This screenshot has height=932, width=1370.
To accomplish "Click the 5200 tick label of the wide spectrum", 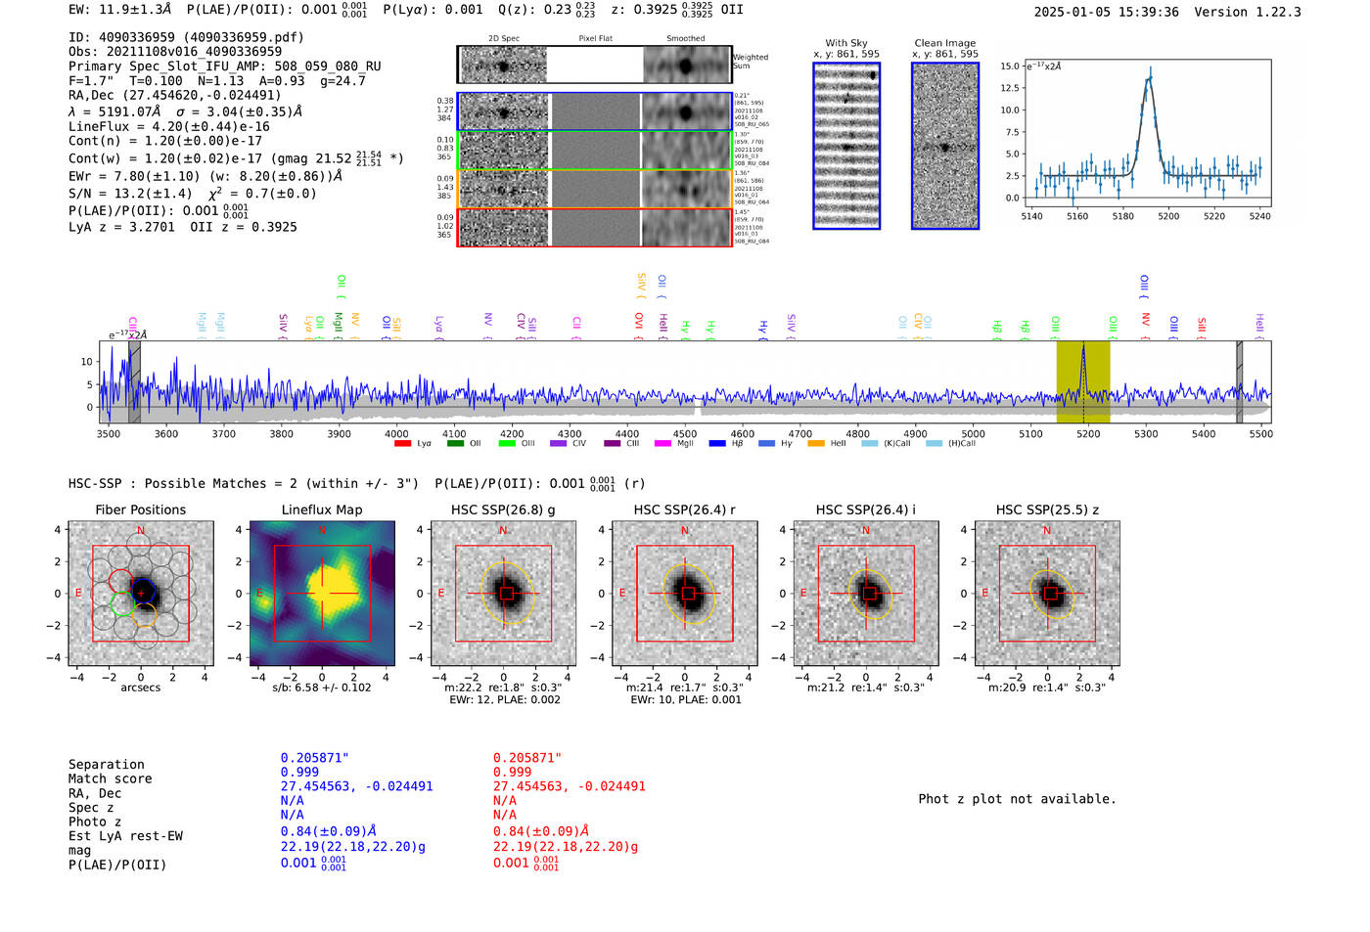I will (x=1088, y=433).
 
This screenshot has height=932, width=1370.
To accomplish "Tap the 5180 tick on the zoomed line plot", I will (x=1122, y=216).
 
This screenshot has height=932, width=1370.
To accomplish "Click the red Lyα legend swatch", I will (x=402, y=444).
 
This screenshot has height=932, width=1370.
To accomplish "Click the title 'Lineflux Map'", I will (x=321, y=510).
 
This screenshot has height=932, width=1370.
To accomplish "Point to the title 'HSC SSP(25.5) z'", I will (x=1047, y=510).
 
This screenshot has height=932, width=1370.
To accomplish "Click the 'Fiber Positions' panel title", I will (x=140, y=510).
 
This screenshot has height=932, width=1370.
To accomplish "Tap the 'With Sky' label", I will (x=846, y=43).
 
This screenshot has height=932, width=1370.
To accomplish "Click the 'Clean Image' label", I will (x=944, y=43).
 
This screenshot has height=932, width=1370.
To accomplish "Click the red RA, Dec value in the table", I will (x=569, y=786).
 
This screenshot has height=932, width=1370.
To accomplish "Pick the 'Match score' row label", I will (x=110, y=779).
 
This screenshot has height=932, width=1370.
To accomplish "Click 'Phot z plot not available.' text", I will (x=1017, y=799).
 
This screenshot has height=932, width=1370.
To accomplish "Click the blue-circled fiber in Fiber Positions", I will (x=143, y=592).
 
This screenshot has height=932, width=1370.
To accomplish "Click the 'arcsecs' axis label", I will (x=140, y=688).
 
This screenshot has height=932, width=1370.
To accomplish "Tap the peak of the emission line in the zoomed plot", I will (x=1149, y=78).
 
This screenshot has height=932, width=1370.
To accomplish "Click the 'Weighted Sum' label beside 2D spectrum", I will (x=750, y=61).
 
